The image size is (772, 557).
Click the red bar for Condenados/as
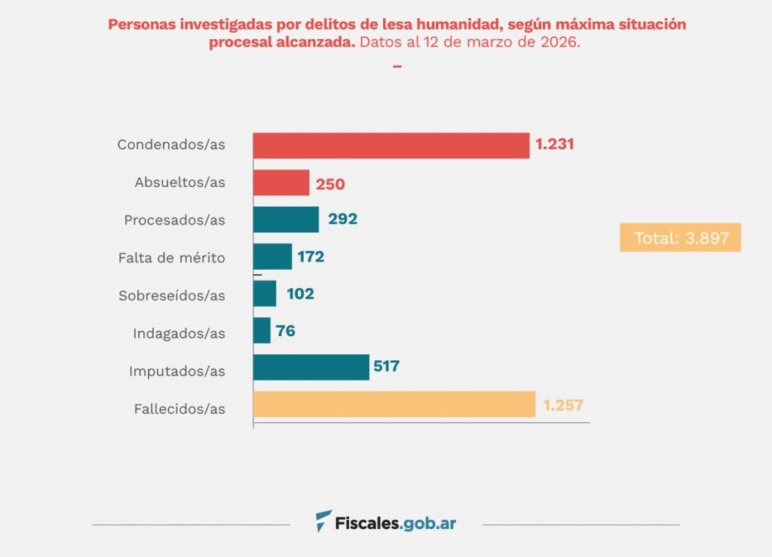[391, 145]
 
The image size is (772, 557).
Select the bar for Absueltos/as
[281, 182]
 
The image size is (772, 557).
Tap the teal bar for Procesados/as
[286, 219]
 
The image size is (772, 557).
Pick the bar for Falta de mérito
[272, 256]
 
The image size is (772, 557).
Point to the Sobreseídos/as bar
[265, 293]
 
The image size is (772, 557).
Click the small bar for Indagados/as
[262, 330]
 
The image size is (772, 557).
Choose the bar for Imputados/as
[311, 367]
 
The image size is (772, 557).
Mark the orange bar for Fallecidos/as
[394, 405]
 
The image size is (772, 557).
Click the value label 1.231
[555, 144]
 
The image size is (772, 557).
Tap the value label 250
[331, 183]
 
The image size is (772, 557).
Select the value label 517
[386, 367]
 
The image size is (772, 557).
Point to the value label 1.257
[563, 405]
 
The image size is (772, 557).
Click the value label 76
[286, 331]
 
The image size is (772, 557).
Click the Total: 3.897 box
[680, 237]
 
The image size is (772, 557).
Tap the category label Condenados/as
[171, 145]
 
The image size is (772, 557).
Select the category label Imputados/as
[177, 371]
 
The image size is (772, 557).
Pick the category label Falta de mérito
[172, 258]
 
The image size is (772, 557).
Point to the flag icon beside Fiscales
[323, 521]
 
